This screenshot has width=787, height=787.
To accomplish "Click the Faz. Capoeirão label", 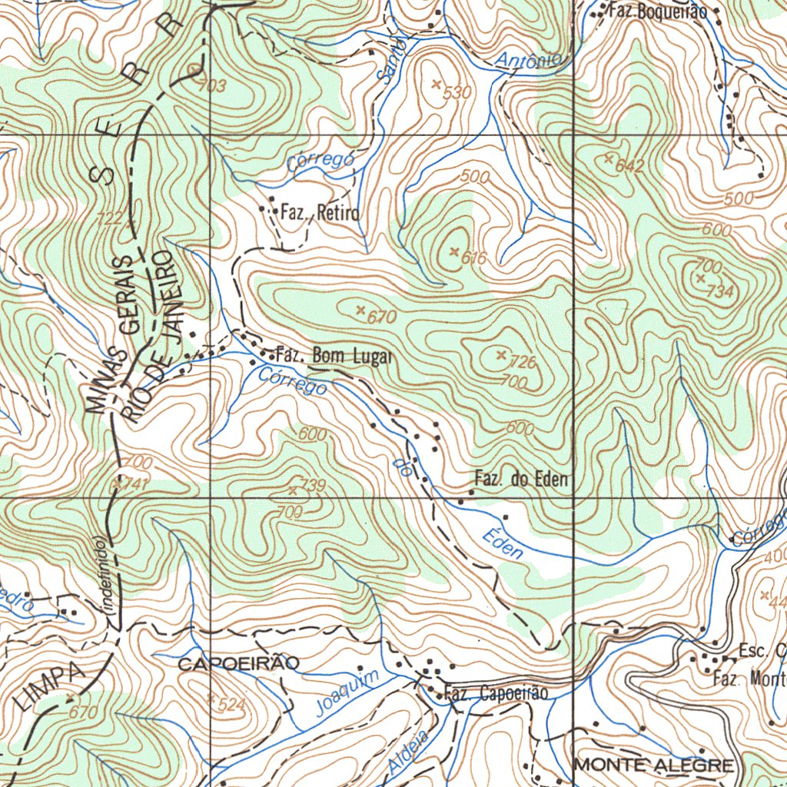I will click(x=496, y=693).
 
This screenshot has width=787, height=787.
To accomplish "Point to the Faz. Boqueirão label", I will click(x=657, y=12).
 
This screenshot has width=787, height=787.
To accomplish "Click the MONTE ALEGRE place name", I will click(x=654, y=765).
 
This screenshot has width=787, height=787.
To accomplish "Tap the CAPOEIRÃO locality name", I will click(x=234, y=664).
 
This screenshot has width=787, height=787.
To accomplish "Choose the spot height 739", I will click(x=313, y=485).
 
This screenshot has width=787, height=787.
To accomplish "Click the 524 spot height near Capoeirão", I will click(x=230, y=704).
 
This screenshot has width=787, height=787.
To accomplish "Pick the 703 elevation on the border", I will click(x=212, y=86).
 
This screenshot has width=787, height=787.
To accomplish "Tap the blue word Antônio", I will click(x=530, y=59).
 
